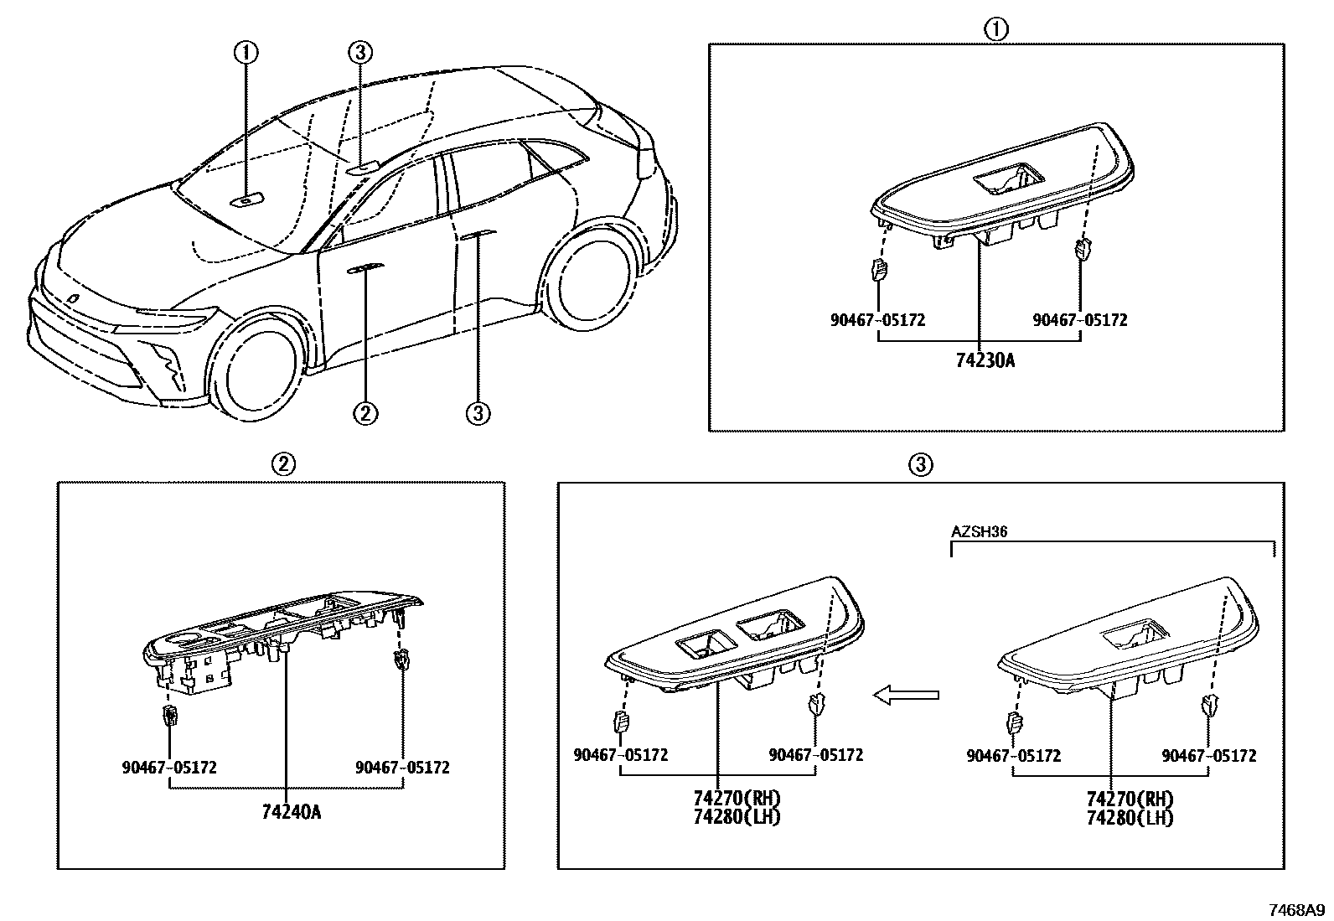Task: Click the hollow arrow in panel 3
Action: (x=906, y=695)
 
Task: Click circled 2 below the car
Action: (x=366, y=412)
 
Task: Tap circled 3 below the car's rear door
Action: (x=478, y=412)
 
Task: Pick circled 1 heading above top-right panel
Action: (x=995, y=30)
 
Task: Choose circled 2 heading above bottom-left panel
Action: (x=282, y=463)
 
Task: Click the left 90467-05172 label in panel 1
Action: (x=878, y=320)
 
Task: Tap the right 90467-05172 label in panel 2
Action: (x=402, y=768)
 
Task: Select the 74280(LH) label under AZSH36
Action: (x=1130, y=819)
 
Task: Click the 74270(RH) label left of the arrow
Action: (x=737, y=799)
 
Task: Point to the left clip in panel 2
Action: (x=170, y=716)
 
